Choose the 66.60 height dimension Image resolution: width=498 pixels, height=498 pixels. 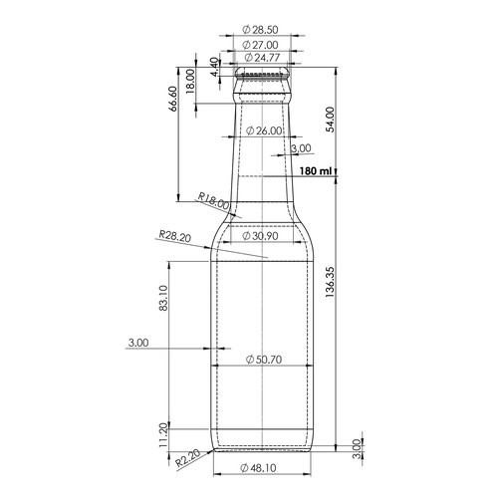pos(175,101)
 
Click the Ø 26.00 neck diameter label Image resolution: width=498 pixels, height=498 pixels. pos(263,130)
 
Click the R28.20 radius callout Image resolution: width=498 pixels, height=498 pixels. pos(174,236)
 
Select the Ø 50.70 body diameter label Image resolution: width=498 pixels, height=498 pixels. pos(263,359)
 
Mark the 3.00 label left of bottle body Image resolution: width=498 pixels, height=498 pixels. pos(137,343)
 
